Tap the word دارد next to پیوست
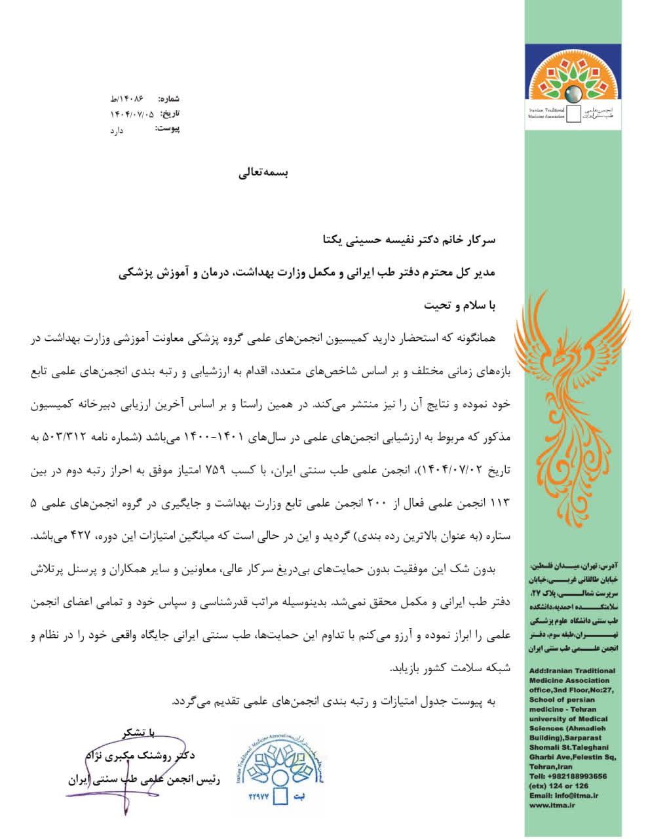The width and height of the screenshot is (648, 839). [x=116, y=130]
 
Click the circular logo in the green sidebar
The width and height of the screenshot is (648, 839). [x=572, y=89]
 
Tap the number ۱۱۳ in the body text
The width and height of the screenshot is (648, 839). [x=497, y=503]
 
